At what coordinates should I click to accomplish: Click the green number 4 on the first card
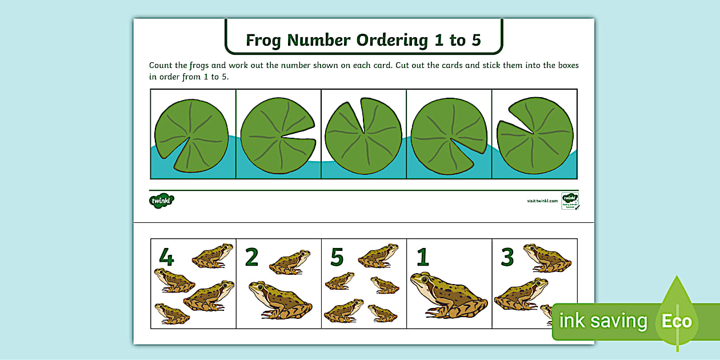166,257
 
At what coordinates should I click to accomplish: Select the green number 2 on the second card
251,257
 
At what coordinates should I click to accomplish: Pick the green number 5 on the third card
337,258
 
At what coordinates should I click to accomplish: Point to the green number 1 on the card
422,258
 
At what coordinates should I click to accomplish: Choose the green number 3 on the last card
507,257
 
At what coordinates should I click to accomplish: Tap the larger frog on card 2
280,300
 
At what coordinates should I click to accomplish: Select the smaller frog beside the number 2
290,262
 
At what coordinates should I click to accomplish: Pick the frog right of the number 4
213,255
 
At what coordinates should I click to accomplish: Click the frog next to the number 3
547,258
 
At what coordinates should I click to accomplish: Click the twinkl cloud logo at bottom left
162,200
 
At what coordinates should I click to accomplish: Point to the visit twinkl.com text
542,201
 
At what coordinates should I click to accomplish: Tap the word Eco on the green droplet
677,321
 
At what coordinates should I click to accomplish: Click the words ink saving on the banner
603,321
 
